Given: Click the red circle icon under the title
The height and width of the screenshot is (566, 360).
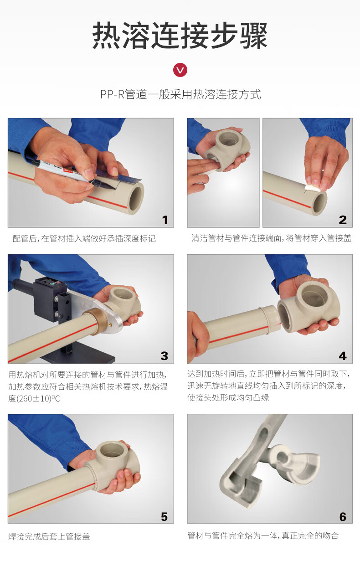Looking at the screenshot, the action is [x=180, y=70].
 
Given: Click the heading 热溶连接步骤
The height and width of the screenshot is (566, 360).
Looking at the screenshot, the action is [x=180, y=35].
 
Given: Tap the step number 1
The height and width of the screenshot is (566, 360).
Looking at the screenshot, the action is [x=165, y=220].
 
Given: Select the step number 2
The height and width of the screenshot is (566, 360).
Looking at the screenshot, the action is [x=343, y=220].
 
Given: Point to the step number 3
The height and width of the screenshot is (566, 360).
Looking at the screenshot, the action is [x=165, y=356].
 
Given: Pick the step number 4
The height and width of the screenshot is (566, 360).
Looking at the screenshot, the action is [x=343, y=356].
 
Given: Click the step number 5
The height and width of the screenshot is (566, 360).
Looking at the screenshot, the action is [x=165, y=517].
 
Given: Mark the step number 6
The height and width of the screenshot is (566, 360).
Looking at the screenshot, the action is [x=343, y=517].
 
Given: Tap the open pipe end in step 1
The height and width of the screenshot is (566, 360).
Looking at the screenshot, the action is [x=135, y=199].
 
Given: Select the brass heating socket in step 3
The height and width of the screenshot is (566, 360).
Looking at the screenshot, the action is [x=92, y=321].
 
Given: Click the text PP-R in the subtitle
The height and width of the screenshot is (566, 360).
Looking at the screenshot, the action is [x=113, y=94].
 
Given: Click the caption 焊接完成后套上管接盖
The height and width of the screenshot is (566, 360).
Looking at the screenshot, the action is [x=49, y=536].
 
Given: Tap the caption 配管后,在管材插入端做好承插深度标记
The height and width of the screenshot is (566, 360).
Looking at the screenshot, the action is [x=84, y=238].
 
